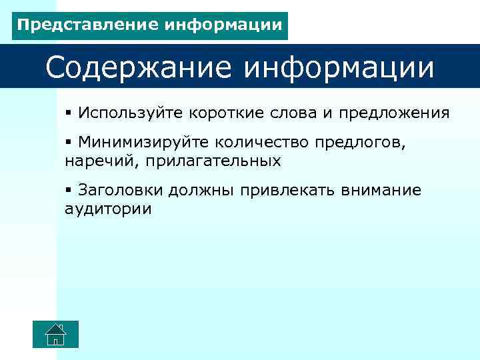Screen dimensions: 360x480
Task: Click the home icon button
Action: [x=56, y=334]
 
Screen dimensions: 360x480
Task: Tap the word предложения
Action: [x=394, y=113]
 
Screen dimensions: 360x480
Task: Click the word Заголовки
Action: [x=121, y=190]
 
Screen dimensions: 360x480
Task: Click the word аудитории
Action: [x=108, y=209]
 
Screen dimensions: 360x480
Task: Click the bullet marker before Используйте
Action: [x=69, y=113]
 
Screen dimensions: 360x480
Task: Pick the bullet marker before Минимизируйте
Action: [x=69, y=142]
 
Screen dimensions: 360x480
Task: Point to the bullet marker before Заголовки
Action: [x=69, y=190]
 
